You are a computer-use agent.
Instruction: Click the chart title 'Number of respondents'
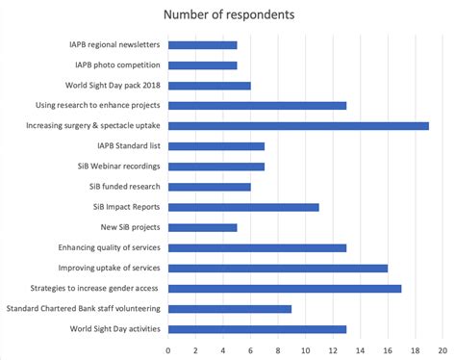[227, 14]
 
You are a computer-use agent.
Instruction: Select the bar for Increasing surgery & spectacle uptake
[298, 125]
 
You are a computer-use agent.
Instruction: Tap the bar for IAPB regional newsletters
[202, 45]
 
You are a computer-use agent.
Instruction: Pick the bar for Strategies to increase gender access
[285, 288]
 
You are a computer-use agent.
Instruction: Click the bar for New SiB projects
[202, 227]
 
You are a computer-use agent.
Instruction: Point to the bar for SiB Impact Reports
[243, 207]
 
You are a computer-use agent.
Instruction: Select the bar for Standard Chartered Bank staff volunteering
[230, 308]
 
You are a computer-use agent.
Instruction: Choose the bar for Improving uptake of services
[278, 268]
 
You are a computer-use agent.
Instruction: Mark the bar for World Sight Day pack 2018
[209, 86]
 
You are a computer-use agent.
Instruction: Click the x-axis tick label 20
[443, 349]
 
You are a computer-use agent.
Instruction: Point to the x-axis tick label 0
[168, 349]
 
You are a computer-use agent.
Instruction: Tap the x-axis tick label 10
[305, 349]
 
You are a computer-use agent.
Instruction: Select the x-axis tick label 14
[360, 349]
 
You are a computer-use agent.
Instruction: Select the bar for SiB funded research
[209, 187]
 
